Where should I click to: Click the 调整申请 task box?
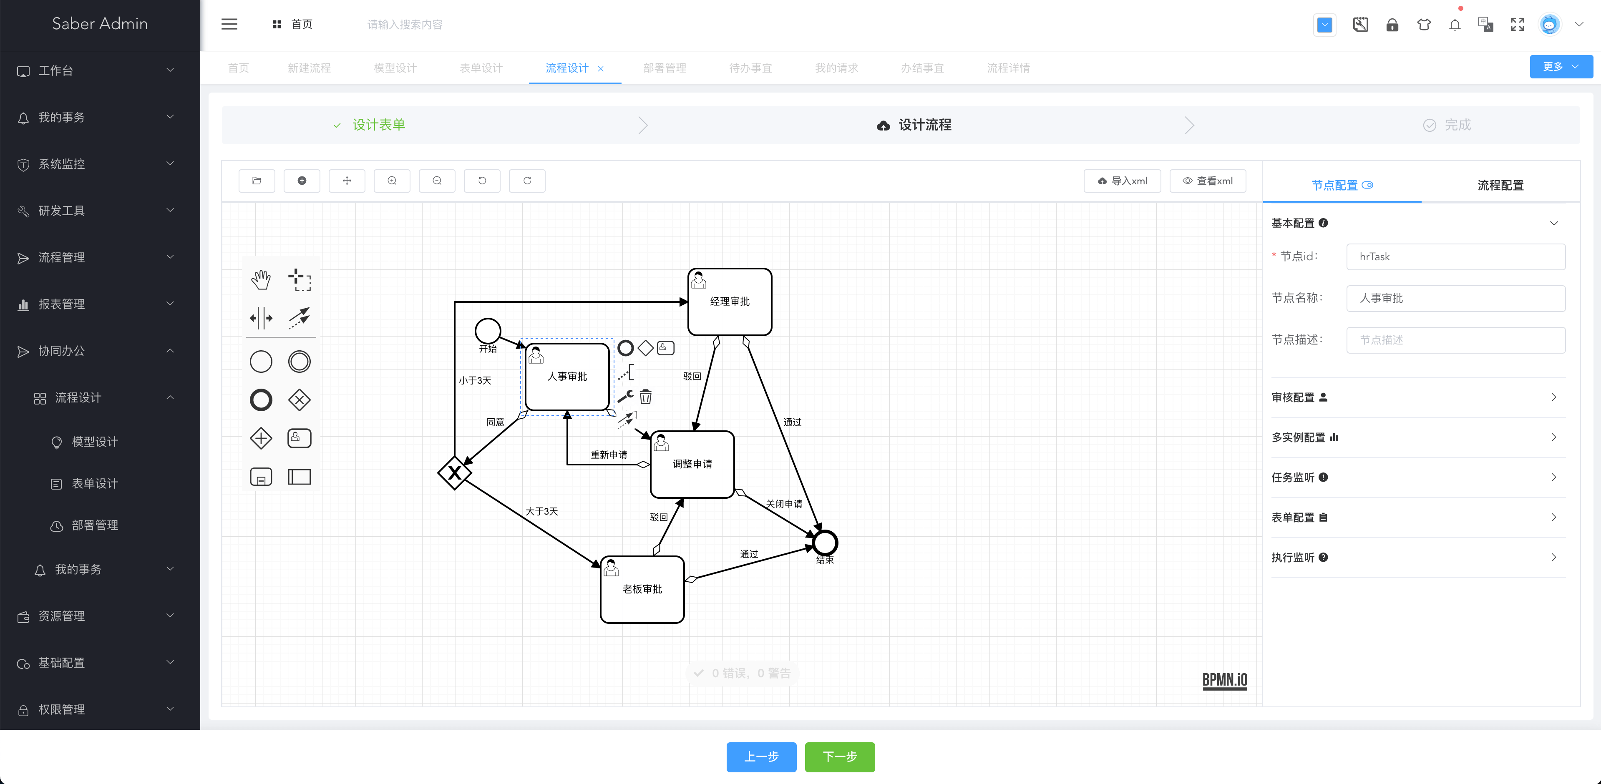692,464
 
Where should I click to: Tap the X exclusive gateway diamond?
454,473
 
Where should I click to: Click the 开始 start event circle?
488,331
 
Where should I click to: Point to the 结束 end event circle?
825,543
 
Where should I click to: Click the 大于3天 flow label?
541,511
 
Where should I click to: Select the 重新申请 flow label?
609,455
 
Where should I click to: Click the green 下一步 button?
840,756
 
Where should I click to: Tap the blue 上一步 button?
761,756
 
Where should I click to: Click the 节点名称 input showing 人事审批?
1455,298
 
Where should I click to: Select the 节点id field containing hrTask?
1455,256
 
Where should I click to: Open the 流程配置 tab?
1500,185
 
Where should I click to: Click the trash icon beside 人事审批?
646,396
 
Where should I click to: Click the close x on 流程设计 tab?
600,69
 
